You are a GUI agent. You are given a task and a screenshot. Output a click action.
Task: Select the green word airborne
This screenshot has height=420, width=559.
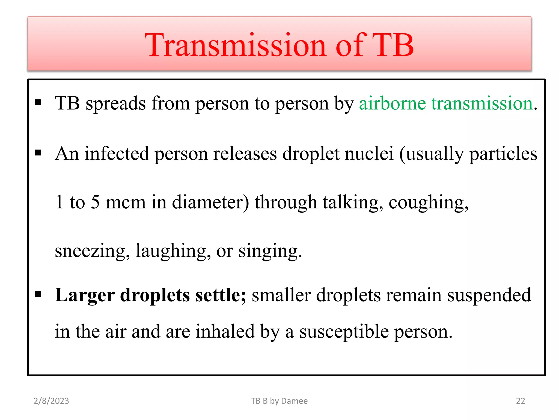pyautogui.click(x=392, y=103)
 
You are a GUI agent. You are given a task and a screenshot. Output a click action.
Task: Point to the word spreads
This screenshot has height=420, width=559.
pyautogui.click(x=116, y=104)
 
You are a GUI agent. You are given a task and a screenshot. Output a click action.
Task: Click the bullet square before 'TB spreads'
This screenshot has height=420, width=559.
pyautogui.click(x=38, y=103)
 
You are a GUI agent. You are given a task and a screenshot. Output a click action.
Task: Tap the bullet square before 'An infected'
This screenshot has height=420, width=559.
pyautogui.click(x=38, y=153)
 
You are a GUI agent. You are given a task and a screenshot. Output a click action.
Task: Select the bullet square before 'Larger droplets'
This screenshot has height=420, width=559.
pyautogui.click(x=38, y=294)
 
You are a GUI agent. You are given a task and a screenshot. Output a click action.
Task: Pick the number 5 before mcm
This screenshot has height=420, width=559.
pyautogui.click(x=95, y=202)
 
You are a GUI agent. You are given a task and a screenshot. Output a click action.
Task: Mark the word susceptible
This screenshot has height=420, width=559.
pyautogui.click(x=344, y=332)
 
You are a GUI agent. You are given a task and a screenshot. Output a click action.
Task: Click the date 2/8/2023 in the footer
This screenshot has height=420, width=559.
pyautogui.click(x=51, y=401)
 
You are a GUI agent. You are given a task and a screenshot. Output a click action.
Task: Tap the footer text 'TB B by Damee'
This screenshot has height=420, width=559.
pyautogui.click(x=279, y=401)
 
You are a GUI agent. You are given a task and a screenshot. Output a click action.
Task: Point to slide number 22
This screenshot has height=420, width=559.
pyautogui.click(x=520, y=401)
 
